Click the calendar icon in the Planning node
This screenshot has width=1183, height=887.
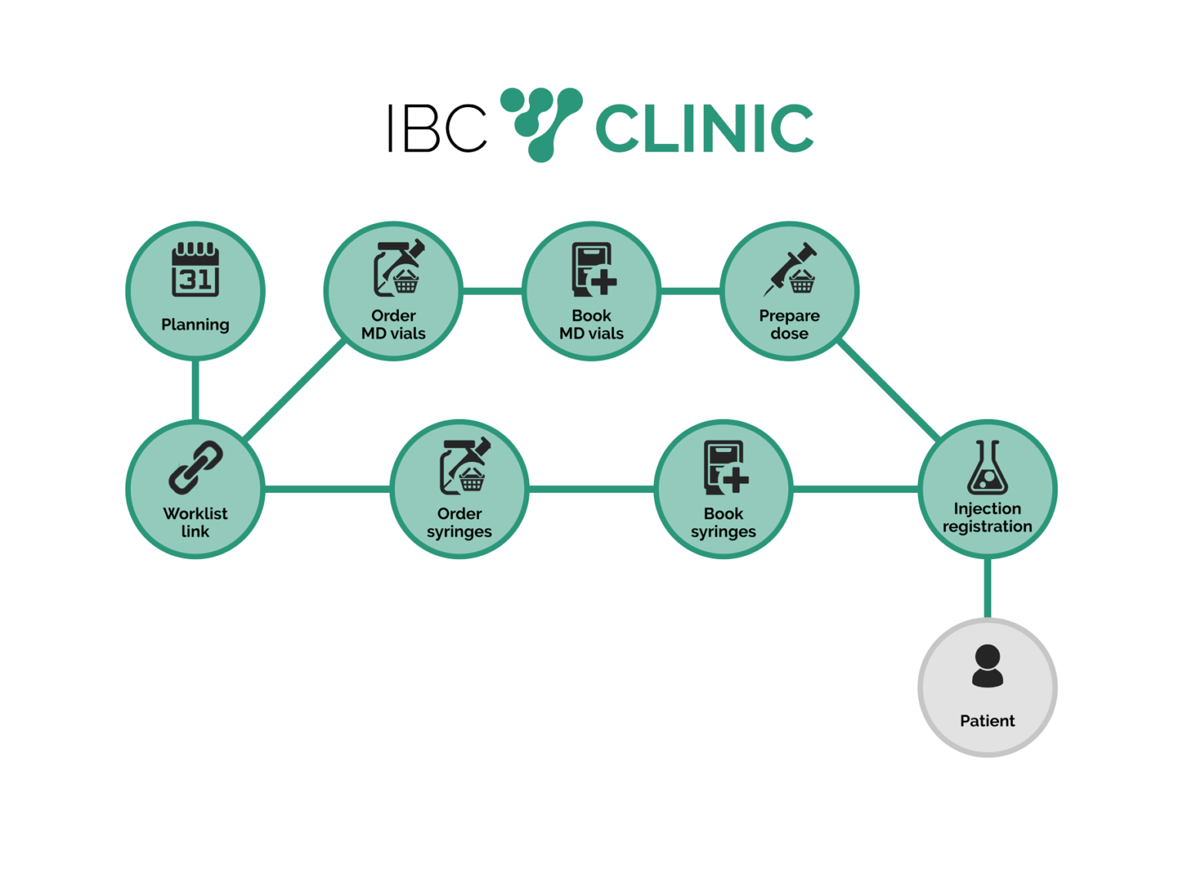coord(195,269)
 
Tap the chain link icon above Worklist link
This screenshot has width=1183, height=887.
coord(195,467)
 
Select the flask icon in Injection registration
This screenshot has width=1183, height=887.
coord(987,467)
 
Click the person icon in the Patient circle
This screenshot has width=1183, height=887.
coord(987,666)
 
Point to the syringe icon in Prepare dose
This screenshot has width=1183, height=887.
coord(789,269)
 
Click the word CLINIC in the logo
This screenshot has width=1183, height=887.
coord(704,128)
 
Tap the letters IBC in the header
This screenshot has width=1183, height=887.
coord(437,128)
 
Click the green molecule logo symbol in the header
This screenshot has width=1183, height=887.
coord(541,125)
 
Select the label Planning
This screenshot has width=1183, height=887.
coord(195,325)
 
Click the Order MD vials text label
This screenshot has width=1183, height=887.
coord(394,324)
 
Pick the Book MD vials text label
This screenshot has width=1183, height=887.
coord(591,324)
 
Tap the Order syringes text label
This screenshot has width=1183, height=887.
coord(459,522)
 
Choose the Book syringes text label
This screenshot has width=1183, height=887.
coord(723,522)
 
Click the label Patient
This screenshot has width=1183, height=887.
coord(987,721)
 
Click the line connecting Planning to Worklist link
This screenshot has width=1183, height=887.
coord(195,390)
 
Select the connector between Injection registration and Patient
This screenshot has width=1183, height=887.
coord(987,588)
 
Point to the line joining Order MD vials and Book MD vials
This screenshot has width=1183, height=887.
coord(493,291)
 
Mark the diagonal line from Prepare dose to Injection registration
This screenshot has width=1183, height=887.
coord(889,390)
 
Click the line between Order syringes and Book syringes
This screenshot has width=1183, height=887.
coord(591,489)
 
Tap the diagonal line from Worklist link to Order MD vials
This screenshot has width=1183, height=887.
coord(294,390)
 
